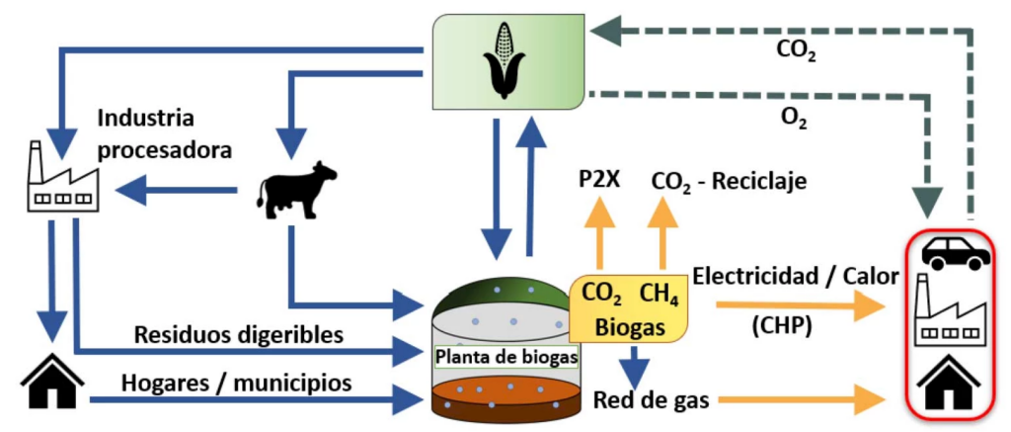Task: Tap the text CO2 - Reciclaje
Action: (729, 182)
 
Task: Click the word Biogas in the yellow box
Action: (631, 327)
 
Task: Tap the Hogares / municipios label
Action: (236, 381)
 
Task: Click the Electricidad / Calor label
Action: (796, 278)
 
